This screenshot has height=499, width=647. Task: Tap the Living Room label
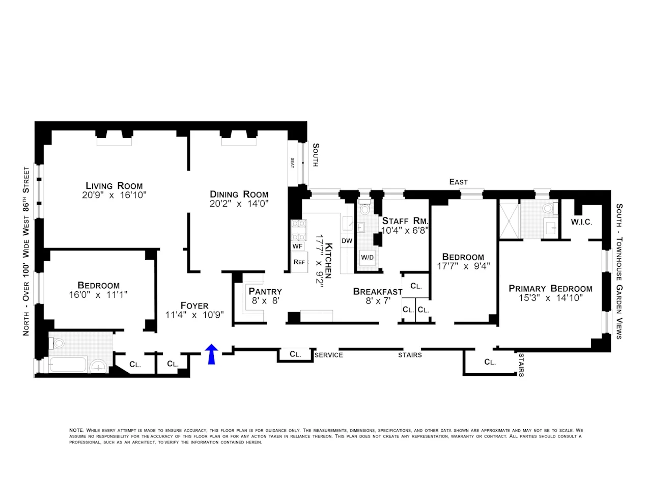coord(114,186)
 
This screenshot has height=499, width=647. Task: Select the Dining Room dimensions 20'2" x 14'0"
coord(239,204)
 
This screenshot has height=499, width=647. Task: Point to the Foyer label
coord(194,306)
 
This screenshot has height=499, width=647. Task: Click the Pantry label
coord(265,291)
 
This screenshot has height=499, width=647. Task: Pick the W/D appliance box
coord(367,258)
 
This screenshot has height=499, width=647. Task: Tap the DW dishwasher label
coord(347,241)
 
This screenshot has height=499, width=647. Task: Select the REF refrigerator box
coord(299,262)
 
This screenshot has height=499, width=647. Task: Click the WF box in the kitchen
coord(297,246)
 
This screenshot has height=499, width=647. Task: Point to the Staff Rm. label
coord(405,221)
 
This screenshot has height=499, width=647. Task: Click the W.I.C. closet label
coord(581,223)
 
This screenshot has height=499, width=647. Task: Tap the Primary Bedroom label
coord(550,288)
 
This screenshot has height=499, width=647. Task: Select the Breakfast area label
coord(378,292)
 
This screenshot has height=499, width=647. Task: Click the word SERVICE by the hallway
coord(328,355)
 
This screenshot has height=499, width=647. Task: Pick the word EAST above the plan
coord(458,182)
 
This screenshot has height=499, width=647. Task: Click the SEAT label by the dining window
coord(293,163)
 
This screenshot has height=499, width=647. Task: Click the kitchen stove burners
coord(298,230)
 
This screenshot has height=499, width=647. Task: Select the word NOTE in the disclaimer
coord(76,430)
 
